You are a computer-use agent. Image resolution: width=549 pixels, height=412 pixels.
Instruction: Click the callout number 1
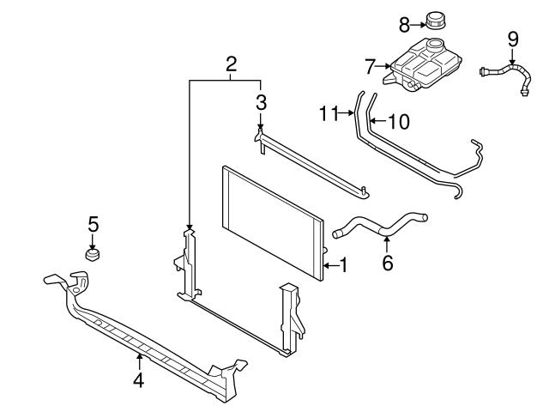[344, 266]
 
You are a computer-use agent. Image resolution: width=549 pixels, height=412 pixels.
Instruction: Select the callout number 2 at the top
[231, 64]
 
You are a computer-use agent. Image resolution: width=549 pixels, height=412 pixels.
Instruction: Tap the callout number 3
[262, 102]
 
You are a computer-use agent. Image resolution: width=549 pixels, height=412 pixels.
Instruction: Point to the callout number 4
[138, 378]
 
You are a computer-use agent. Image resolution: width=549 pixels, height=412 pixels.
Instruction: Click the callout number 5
[94, 224]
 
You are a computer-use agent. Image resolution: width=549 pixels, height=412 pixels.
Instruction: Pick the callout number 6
[387, 263]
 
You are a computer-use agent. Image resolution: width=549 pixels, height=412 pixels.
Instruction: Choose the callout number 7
[371, 64]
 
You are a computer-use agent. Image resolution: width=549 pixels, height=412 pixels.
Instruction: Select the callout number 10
[399, 122]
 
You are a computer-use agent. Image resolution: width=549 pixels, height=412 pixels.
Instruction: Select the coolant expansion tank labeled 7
[425, 64]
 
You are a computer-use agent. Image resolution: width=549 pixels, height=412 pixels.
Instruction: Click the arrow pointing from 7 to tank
[383, 64]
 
